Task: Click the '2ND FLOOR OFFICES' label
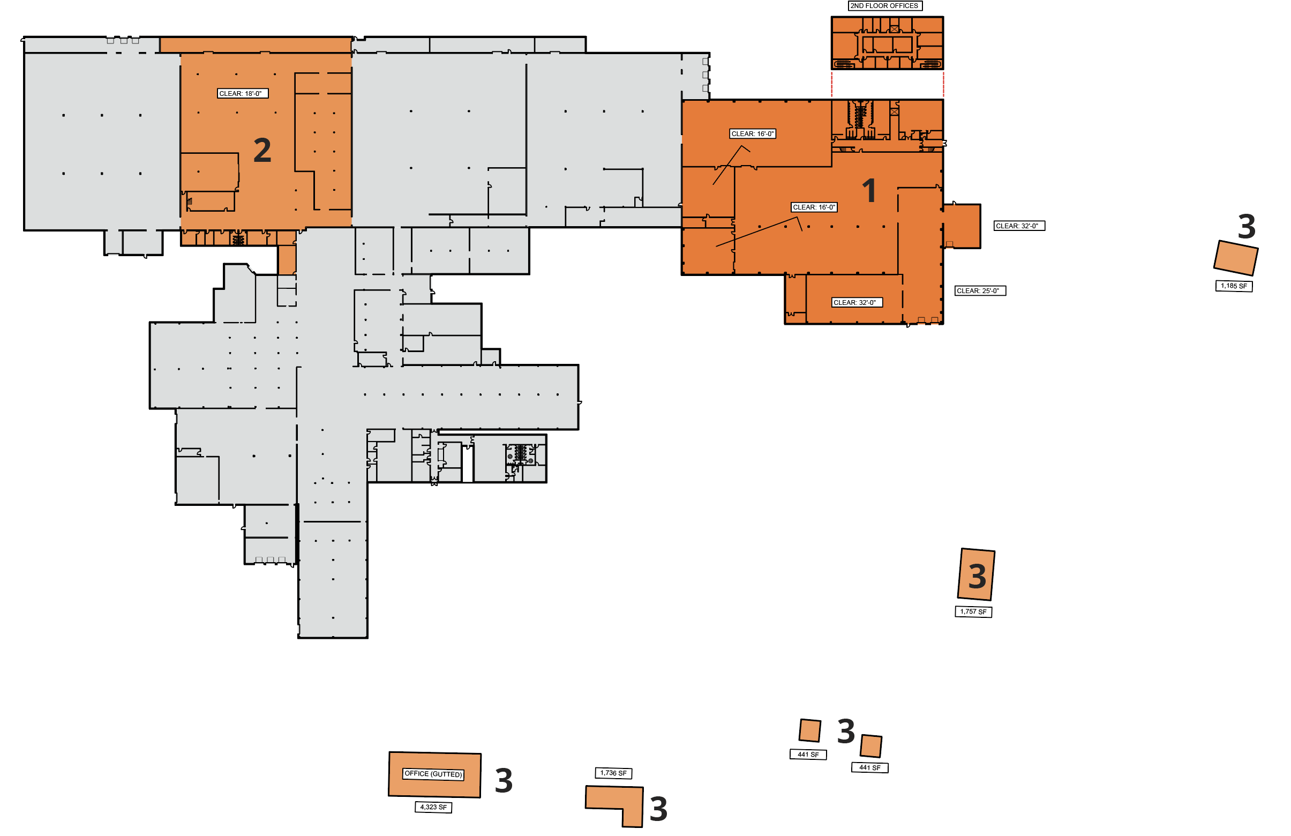pos(884,6)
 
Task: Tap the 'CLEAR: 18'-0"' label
pos(243,93)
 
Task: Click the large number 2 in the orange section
pos(262,150)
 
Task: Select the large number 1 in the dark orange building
pos(869,191)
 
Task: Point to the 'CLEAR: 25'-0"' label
pos(980,291)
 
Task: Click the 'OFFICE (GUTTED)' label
pos(433,774)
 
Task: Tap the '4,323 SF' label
pos(433,807)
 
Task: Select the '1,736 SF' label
pos(613,773)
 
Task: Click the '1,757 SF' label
pos(973,612)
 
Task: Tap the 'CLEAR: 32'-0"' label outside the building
pos(1019,226)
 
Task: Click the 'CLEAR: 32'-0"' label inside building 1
pos(857,303)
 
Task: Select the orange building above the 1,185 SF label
pos(1236,258)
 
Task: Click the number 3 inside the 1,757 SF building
pos(977,576)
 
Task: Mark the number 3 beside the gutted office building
pos(504,781)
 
